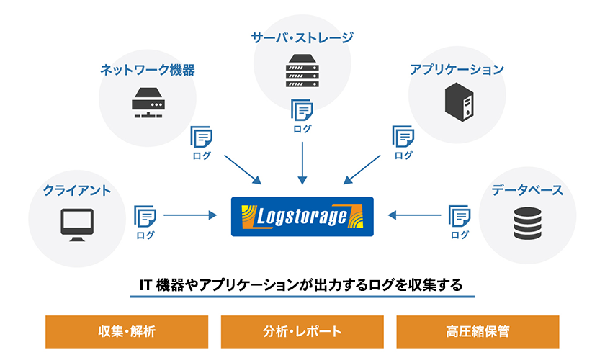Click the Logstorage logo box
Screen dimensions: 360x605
click(x=302, y=215)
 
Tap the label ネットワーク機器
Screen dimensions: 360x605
click(x=147, y=70)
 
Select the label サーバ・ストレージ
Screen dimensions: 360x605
click(x=302, y=37)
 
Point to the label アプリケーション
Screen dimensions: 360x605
click(x=457, y=70)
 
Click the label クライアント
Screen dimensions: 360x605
click(x=76, y=190)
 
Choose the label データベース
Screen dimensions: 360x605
click(x=527, y=190)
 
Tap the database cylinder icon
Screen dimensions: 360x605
click(x=526, y=224)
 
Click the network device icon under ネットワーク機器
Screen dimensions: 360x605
click(x=148, y=102)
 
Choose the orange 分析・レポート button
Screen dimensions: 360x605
click(x=302, y=332)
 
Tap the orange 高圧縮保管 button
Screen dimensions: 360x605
click(x=478, y=332)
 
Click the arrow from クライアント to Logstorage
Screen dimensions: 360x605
click(x=190, y=215)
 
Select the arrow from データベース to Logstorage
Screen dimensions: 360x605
click(x=413, y=215)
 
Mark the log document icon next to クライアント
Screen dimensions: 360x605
click(x=145, y=215)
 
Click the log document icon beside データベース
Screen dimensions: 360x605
click(x=459, y=215)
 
